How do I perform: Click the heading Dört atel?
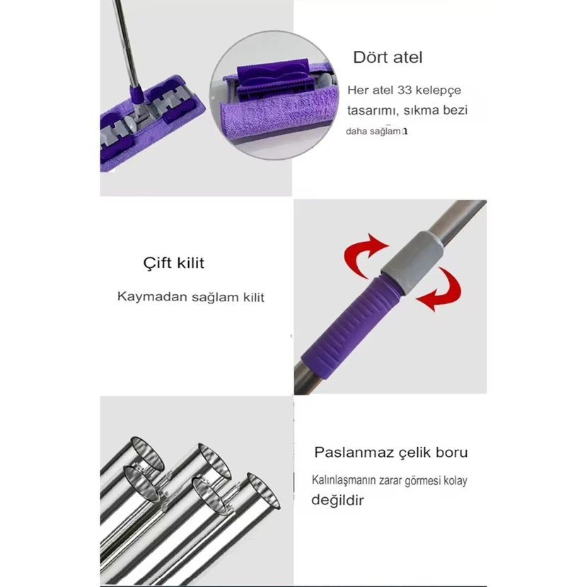pos(388,57)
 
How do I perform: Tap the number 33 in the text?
pos(405,91)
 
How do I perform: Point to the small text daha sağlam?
pos(373,132)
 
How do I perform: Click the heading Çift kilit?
pos(174,263)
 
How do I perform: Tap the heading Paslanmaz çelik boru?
pos(391,453)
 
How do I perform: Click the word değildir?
pos(337,500)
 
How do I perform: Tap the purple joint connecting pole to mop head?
pos(136,96)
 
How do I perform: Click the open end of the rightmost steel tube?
pos(264,491)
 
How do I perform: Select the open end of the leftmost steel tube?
pos(148,453)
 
